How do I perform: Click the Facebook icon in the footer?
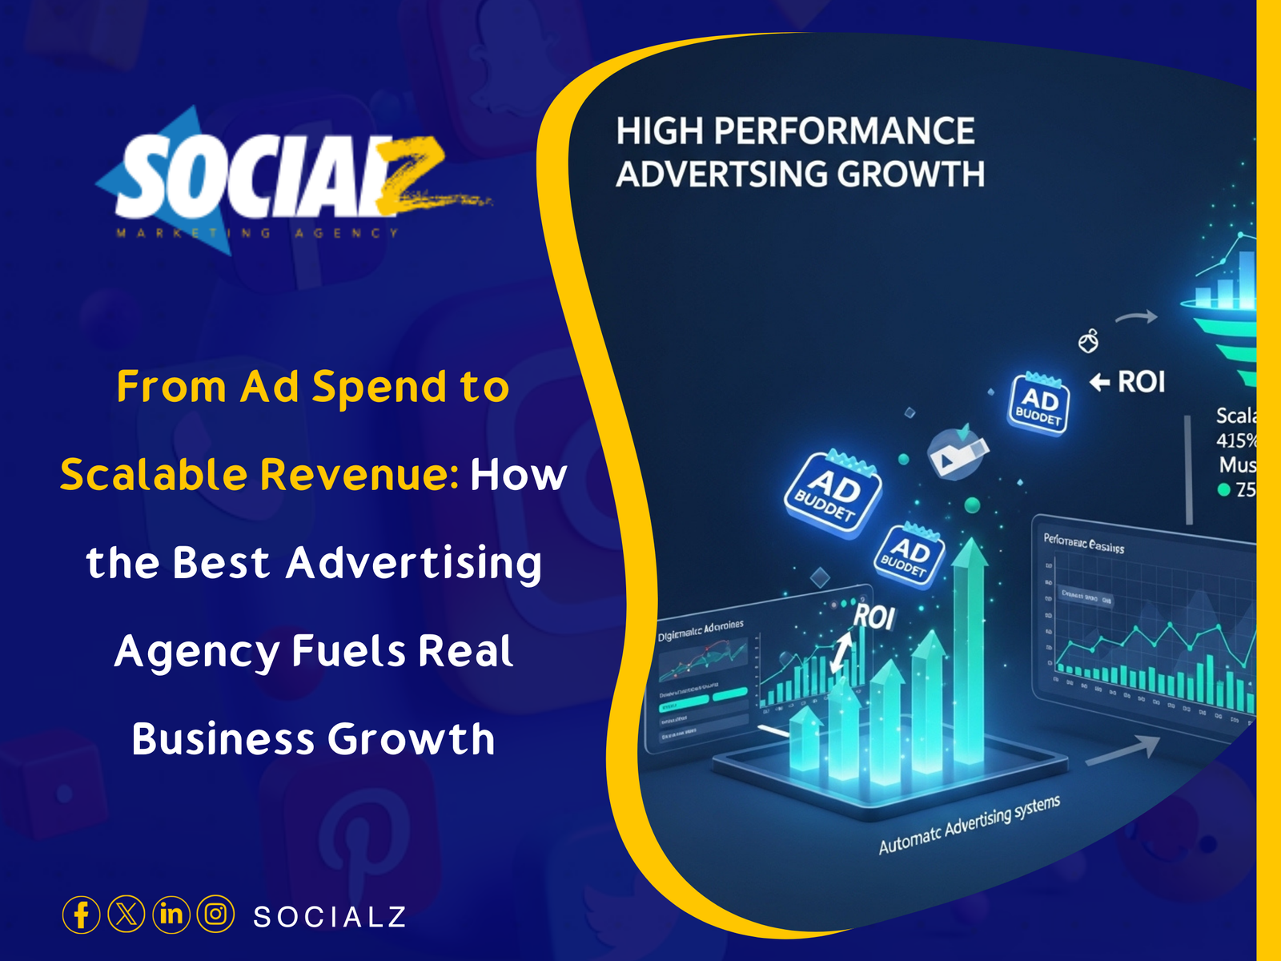click(81, 915)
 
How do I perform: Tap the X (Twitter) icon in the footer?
click(126, 915)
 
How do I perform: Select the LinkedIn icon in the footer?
click(171, 915)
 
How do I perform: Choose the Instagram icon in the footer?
click(215, 915)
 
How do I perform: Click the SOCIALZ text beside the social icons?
click(330, 917)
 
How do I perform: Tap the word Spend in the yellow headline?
click(379, 388)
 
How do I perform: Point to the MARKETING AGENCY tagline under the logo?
click(257, 233)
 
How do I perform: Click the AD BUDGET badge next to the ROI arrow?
click(1038, 404)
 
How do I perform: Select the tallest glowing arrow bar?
click(970, 649)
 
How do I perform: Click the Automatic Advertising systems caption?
click(969, 825)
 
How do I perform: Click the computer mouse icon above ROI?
click(1088, 342)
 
